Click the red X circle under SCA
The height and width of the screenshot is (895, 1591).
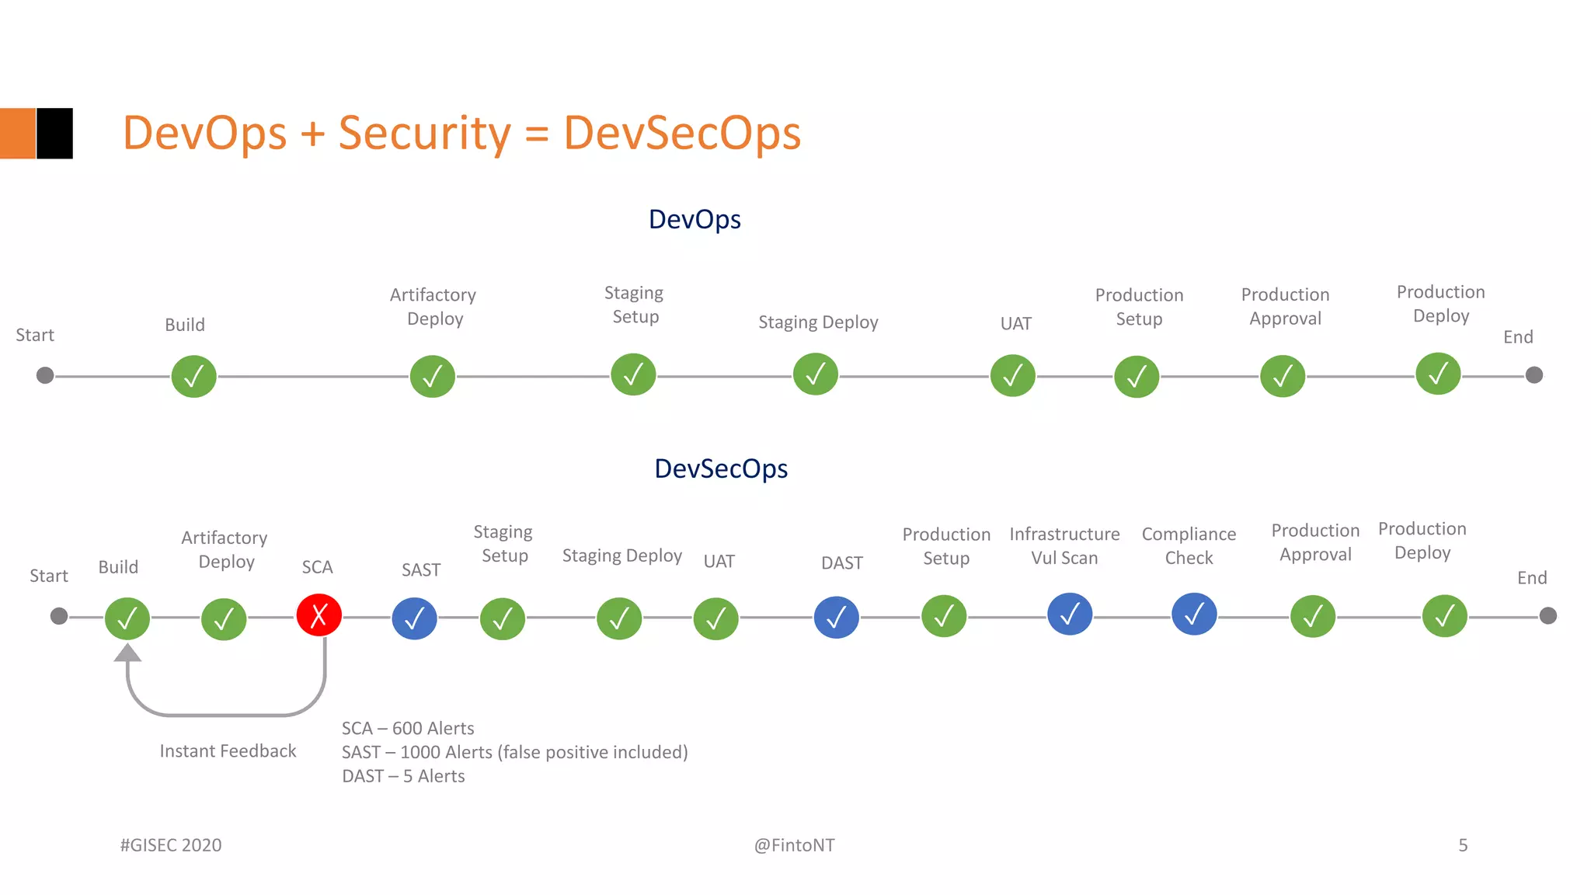(x=319, y=615)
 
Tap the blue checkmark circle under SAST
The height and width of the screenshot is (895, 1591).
(x=414, y=618)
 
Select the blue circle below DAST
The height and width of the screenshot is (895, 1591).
(x=836, y=618)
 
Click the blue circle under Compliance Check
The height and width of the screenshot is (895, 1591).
(x=1193, y=614)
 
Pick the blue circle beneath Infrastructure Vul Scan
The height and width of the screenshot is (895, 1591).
(x=1069, y=614)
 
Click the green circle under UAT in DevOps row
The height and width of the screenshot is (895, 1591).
(x=1012, y=376)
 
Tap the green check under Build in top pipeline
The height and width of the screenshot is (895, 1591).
(x=193, y=376)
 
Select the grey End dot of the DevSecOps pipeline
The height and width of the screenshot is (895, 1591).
(x=1547, y=616)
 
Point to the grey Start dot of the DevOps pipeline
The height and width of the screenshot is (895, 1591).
(x=45, y=375)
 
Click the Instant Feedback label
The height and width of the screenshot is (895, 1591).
(x=228, y=751)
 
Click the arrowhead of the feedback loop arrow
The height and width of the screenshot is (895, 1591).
(x=127, y=653)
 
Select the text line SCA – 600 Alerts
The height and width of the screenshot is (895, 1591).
(x=408, y=728)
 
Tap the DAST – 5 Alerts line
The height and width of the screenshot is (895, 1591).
(x=403, y=776)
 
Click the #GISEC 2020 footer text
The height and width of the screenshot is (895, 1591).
(x=171, y=845)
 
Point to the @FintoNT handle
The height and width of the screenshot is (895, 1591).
(x=794, y=845)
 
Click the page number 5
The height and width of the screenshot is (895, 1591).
(x=1463, y=845)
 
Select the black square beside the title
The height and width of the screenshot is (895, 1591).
(x=55, y=134)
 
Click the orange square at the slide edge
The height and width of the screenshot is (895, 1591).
(x=17, y=134)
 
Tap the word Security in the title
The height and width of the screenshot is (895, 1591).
(x=424, y=133)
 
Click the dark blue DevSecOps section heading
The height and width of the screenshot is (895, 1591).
(x=721, y=468)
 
